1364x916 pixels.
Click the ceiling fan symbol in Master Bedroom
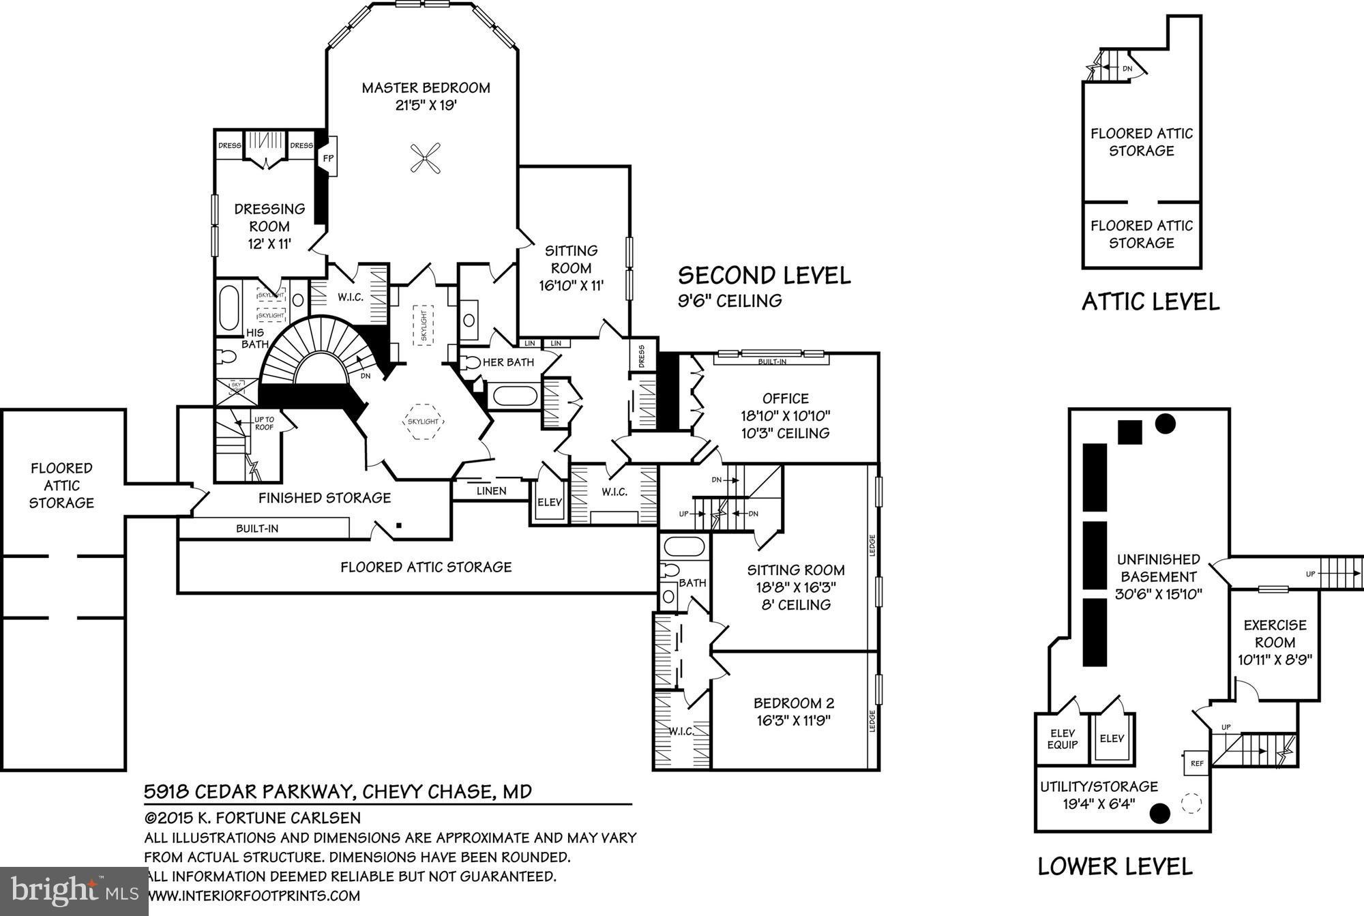click(425, 158)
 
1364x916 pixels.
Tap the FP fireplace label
click(328, 158)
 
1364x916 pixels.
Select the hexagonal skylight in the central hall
click(423, 421)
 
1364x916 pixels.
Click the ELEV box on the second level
click(550, 502)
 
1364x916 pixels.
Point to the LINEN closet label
click(491, 490)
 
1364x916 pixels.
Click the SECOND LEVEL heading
click(764, 276)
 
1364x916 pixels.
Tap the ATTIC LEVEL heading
click(1151, 301)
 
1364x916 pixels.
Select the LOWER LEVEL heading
click(1115, 866)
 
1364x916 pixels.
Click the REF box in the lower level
click(1197, 763)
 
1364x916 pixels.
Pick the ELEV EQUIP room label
click(1062, 739)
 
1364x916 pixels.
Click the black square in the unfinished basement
click(1130, 432)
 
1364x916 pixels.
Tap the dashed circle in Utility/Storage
click(1191, 803)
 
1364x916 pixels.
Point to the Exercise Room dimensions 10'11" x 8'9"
click(1275, 660)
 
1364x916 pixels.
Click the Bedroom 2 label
click(794, 703)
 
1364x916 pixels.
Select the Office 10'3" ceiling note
click(786, 433)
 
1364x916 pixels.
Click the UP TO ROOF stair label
click(264, 423)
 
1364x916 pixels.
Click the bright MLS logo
click(74, 891)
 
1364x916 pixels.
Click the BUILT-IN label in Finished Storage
click(257, 529)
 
